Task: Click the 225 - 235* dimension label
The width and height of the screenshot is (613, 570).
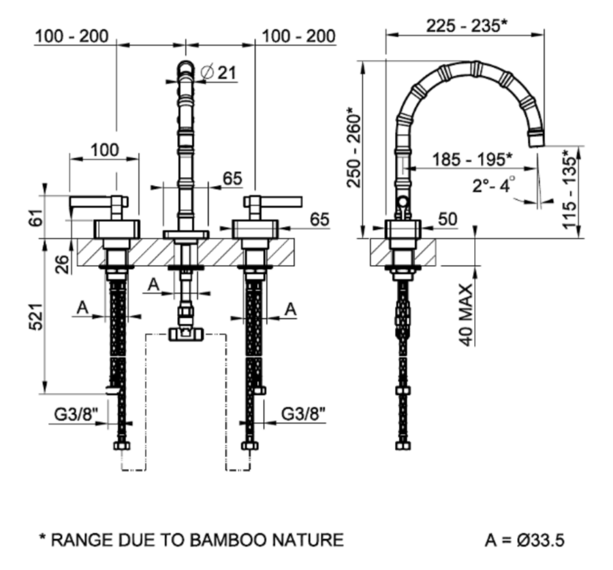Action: (x=467, y=25)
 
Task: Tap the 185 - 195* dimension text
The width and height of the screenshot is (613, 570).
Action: (x=471, y=159)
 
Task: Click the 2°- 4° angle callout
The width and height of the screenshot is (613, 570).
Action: (x=494, y=185)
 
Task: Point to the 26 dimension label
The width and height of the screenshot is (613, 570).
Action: (x=63, y=264)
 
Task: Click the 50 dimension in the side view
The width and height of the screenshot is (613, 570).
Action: (x=448, y=219)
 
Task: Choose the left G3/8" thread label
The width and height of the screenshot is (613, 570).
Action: (x=76, y=413)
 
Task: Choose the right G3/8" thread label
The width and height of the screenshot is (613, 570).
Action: (x=303, y=413)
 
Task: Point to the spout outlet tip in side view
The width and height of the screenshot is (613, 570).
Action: (x=537, y=140)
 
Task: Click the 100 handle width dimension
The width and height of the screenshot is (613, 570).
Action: (x=104, y=150)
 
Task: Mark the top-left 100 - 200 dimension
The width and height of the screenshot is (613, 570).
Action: (x=71, y=35)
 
